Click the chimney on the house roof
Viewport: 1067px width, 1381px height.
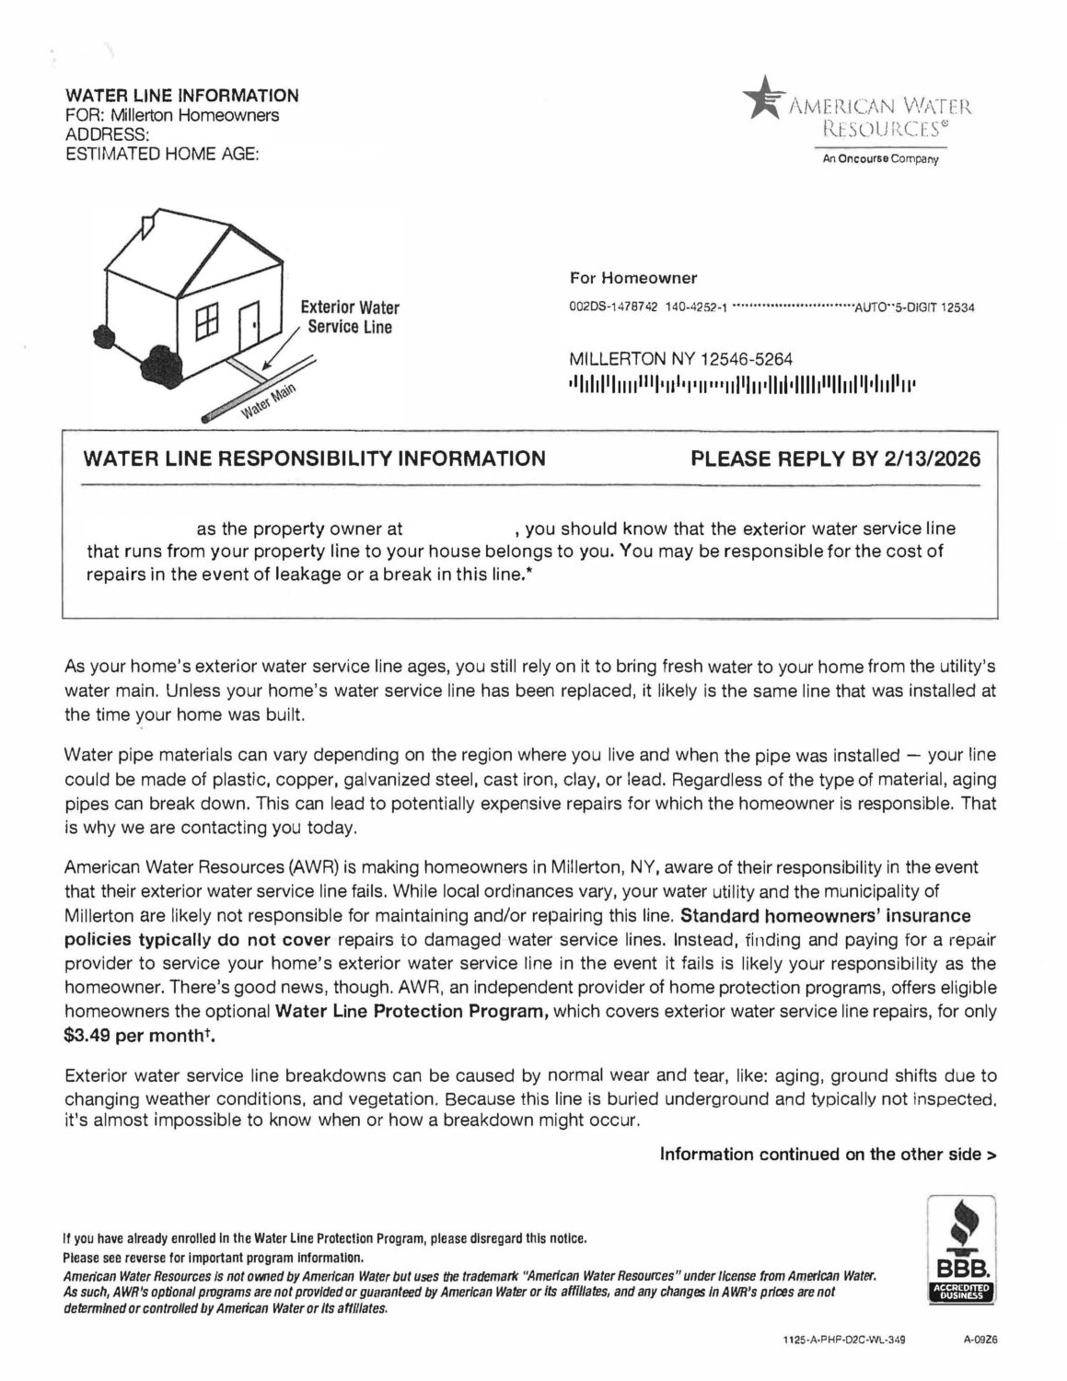click(x=150, y=225)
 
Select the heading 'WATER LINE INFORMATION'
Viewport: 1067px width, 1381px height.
click(x=181, y=96)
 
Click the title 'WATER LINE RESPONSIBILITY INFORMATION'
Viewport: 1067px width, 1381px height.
click(x=314, y=458)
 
